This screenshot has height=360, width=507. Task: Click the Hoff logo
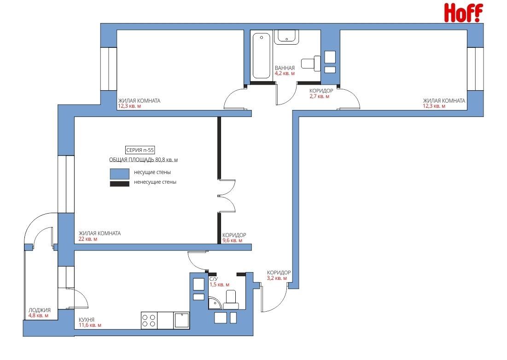click(463, 12)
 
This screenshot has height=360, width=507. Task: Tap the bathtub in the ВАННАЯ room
click(261, 56)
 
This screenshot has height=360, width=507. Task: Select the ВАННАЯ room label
click(285, 68)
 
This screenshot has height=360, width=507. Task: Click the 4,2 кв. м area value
click(285, 73)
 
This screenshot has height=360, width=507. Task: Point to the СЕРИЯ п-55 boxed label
click(140, 150)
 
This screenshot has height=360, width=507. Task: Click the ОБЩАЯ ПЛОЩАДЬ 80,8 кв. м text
click(143, 160)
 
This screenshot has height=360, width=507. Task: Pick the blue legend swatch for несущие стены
click(120, 174)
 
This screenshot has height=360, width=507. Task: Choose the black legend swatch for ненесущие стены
click(120, 184)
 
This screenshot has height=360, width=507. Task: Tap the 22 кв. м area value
click(87, 239)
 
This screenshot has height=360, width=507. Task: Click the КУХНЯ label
click(86, 319)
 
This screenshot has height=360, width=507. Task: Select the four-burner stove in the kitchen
click(149, 320)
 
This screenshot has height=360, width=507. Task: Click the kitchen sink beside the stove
click(181, 320)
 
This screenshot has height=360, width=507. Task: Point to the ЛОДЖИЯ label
click(40, 310)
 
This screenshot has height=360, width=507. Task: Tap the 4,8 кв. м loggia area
click(38, 316)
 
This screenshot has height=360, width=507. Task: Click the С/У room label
click(213, 279)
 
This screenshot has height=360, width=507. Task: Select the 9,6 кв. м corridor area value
click(232, 240)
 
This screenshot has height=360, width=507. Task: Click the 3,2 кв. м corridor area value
click(277, 278)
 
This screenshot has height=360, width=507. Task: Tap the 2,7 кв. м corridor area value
click(320, 96)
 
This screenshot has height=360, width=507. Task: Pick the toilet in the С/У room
click(231, 300)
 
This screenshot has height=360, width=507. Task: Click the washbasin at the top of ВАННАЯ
click(286, 37)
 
